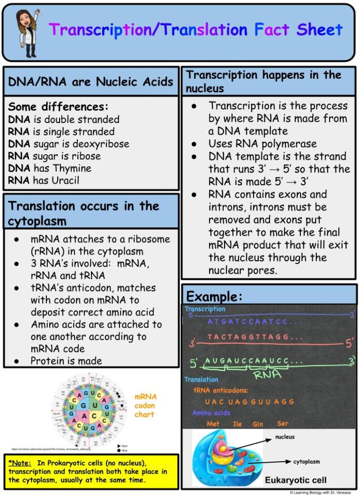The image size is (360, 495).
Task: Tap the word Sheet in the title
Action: pyautogui.click(x=319, y=29)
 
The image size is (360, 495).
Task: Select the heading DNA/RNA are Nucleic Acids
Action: pyautogui.click(x=90, y=81)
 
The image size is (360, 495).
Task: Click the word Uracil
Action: pyautogui.click(x=63, y=180)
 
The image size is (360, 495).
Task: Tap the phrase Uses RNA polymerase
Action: pyautogui.click(x=262, y=144)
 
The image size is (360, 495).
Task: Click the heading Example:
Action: pyautogui.click(x=214, y=296)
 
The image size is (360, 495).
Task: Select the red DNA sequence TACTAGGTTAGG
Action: pyautogui.click(x=248, y=336)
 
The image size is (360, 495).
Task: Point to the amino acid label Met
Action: pyautogui.click(x=213, y=424)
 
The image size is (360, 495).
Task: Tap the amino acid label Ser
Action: pyautogui.click(x=283, y=423)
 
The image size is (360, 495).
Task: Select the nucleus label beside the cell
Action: pyautogui.click(x=285, y=437)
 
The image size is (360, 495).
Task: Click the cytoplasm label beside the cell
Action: pyautogui.click(x=306, y=461)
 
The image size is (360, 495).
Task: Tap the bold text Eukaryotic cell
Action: pyautogui.click(x=296, y=480)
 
